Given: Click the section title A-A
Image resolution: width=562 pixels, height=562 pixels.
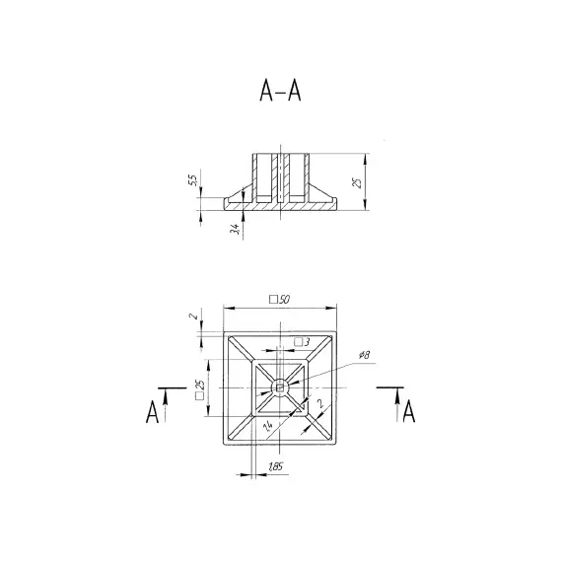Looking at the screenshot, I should [x=280, y=91].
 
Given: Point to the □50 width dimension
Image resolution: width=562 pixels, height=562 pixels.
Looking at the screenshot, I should [x=282, y=299].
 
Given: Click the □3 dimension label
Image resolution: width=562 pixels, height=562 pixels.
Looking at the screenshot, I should [x=301, y=341].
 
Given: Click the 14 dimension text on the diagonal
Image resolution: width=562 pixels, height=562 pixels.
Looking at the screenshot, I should [x=267, y=425].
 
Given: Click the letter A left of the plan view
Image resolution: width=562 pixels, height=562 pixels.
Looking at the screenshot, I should [x=153, y=411].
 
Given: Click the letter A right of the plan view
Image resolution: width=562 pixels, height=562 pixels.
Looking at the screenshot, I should [x=408, y=411].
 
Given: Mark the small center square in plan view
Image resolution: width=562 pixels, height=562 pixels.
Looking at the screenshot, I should [x=282, y=387].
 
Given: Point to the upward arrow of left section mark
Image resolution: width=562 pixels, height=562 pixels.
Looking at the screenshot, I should [x=167, y=399].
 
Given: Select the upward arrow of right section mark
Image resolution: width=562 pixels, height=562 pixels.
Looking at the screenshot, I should [x=395, y=399].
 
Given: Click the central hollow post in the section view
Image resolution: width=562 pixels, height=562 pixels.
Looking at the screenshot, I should [x=281, y=177].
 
